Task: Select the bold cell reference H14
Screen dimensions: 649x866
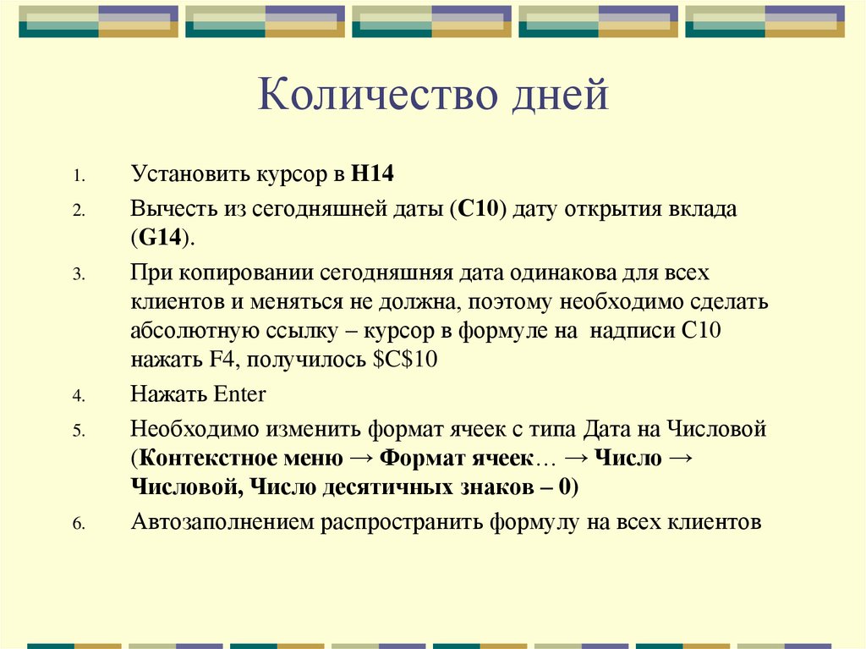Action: pos(373,175)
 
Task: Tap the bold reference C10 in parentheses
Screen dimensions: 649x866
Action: pos(479,209)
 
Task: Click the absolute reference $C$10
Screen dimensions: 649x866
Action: pos(404,358)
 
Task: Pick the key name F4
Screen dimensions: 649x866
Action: pos(219,358)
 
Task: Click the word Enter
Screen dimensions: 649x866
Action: pos(240,393)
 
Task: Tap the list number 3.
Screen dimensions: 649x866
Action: pos(75,276)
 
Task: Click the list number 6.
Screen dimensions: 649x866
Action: pos(75,524)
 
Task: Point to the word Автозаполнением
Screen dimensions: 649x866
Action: pos(222,521)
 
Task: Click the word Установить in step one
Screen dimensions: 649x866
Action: pos(187,175)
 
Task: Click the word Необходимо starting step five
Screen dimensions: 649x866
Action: pos(195,428)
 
